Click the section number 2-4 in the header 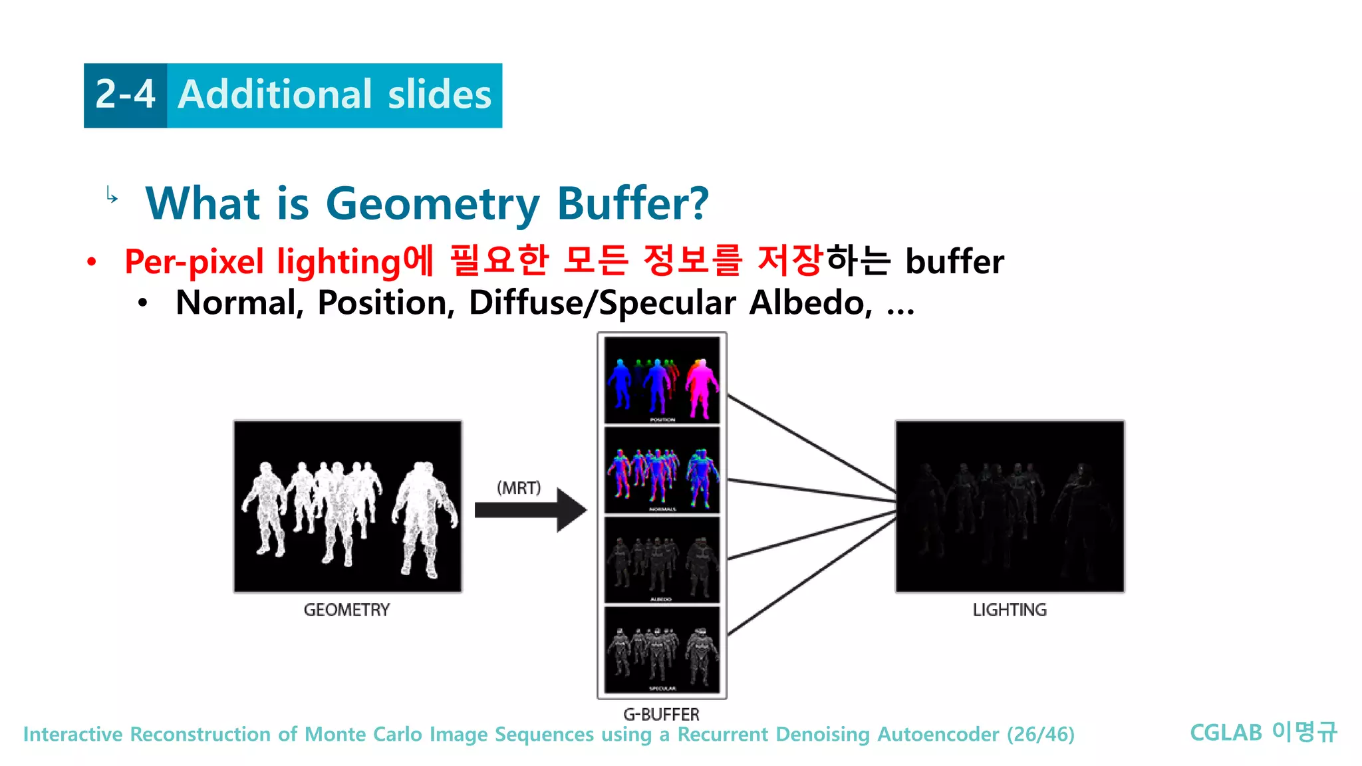(x=125, y=94)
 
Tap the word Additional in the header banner (x=275, y=94)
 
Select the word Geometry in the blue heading (x=432, y=203)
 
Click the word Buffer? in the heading (x=632, y=203)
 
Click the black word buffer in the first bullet (x=954, y=261)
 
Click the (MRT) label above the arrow (x=519, y=488)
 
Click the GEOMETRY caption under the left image (x=346, y=610)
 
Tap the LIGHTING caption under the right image (x=1009, y=610)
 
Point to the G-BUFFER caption (x=661, y=714)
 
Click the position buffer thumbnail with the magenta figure (x=662, y=380)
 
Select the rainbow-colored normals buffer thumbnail (x=662, y=470)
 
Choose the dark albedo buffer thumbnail (x=662, y=560)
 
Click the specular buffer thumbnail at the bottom (x=662, y=650)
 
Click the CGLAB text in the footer (x=1226, y=733)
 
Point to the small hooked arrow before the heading (x=112, y=195)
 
